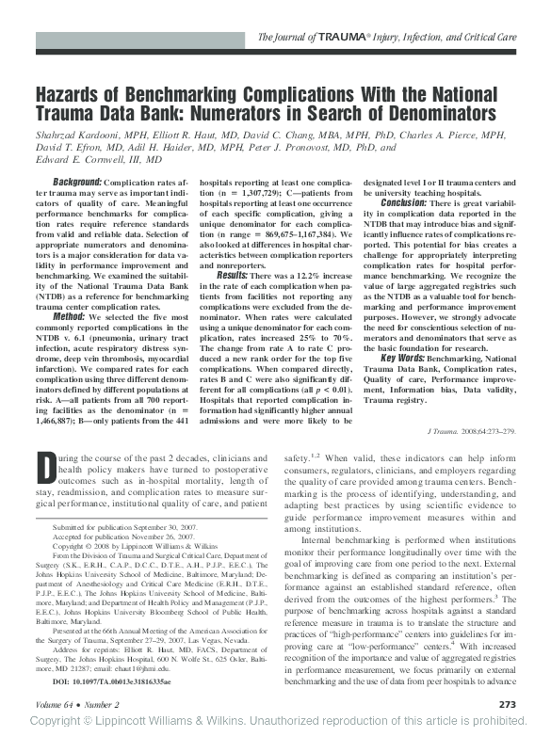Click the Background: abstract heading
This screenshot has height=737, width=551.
pyautogui.click(x=78, y=182)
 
